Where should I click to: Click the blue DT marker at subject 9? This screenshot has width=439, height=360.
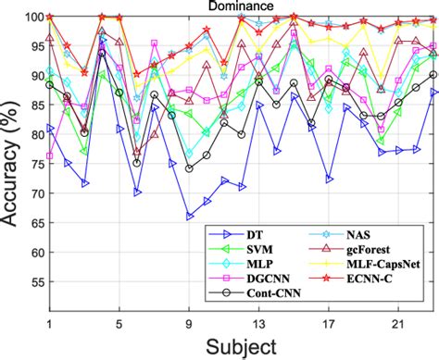pos(189,216)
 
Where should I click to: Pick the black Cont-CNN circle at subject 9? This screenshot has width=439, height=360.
pos(189,168)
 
